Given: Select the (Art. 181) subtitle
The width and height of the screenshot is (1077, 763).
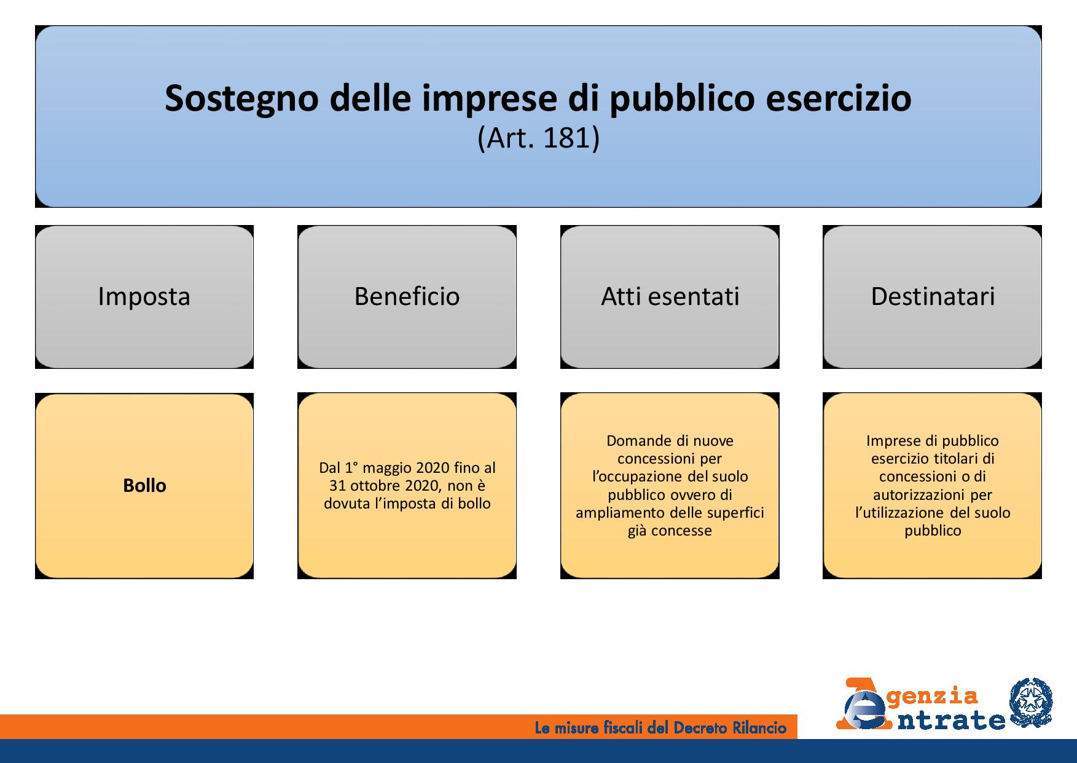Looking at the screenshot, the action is point(538,138).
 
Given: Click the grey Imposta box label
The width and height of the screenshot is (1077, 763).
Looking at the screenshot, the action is point(144,296).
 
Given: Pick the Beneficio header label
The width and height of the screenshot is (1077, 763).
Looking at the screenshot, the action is point(407,296).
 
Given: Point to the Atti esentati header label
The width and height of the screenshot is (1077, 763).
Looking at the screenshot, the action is point(670,296).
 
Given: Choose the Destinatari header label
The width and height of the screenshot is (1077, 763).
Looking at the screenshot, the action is point(933,296).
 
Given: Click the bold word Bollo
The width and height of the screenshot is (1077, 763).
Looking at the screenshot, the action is point(144,486).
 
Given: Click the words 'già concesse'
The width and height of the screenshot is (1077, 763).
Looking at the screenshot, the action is point(670,531).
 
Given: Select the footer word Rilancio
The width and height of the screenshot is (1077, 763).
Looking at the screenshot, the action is point(760,729).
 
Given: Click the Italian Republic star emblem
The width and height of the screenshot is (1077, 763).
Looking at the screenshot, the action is point(1031,703).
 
